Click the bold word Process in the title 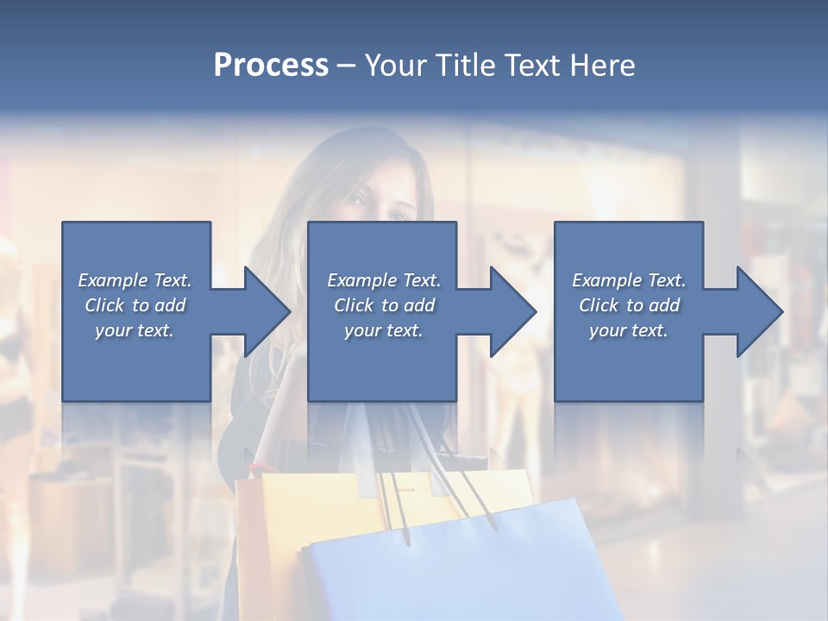(271, 66)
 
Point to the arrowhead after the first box (263, 311)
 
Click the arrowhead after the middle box (510, 311)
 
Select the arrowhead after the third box (756, 311)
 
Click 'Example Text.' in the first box (135, 280)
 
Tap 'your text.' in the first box (135, 330)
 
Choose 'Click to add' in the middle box (384, 305)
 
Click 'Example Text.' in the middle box (384, 280)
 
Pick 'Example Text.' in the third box (629, 280)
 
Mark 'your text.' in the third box (629, 330)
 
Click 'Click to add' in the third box (629, 305)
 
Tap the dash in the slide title (347, 66)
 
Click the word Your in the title (396, 66)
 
